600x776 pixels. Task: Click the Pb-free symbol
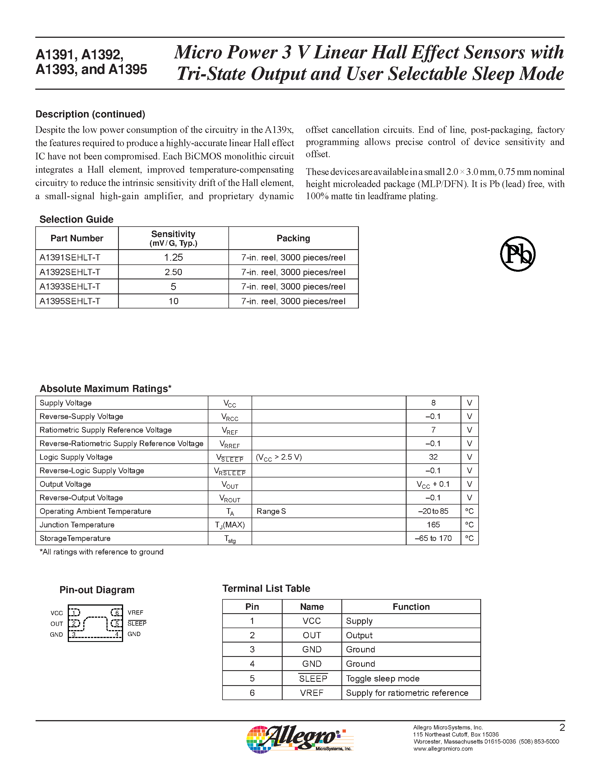pyautogui.click(x=518, y=254)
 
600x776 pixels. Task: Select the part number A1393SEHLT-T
pyautogui.click(x=70, y=286)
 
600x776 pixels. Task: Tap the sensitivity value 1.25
pyautogui.click(x=173, y=257)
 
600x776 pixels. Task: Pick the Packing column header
pyautogui.click(x=293, y=238)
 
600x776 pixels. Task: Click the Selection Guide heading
pyautogui.click(x=77, y=219)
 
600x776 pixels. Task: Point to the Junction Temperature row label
pyautogui.click(x=77, y=525)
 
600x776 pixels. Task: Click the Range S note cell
pyautogui.click(x=271, y=511)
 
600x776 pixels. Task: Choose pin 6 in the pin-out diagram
pyautogui.click(x=116, y=613)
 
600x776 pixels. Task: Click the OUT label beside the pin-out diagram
pyautogui.click(x=56, y=624)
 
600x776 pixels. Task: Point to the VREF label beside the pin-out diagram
pyautogui.click(x=136, y=613)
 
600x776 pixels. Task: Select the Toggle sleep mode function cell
pyautogui.click(x=383, y=678)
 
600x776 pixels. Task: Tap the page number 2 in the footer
pyautogui.click(x=562, y=728)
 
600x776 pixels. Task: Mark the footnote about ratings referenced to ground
pyautogui.click(x=101, y=552)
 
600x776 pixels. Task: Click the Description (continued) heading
pyautogui.click(x=90, y=114)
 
